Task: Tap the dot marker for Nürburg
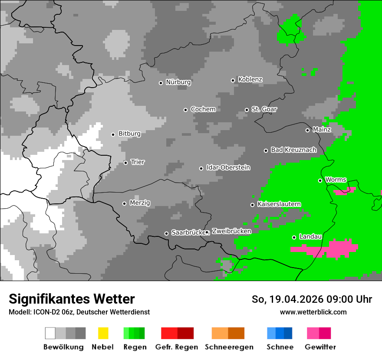(161, 83)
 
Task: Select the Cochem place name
(203, 109)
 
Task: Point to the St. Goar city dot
(247, 110)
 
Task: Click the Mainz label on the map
(322, 130)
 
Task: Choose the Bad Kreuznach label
(293, 150)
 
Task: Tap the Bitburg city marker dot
(113, 134)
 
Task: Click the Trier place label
(138, 162)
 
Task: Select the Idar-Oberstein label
(228, 168)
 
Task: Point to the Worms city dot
(320, 180)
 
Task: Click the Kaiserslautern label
(279, 204)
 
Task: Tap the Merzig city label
(140, 203)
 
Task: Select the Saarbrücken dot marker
(166, 233)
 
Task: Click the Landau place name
(310, 237)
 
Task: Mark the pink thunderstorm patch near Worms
(344, 191)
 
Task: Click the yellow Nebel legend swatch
(103, 333)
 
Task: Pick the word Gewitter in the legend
(320, 347)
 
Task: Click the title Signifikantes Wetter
(72, 299)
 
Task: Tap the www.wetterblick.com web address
(313, 312)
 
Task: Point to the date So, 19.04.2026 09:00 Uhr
(312, 299)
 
